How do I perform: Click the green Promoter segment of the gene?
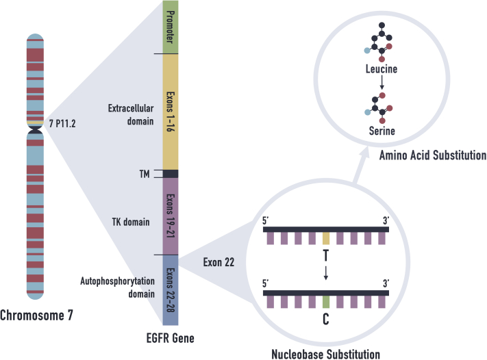170,27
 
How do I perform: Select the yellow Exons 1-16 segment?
170,112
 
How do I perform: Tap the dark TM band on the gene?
170,173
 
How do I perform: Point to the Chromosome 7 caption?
36,316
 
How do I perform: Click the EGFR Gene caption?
169,337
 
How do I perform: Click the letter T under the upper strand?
326,256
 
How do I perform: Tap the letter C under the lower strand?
326,318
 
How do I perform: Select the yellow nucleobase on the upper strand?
326,237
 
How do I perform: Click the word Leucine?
382,69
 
